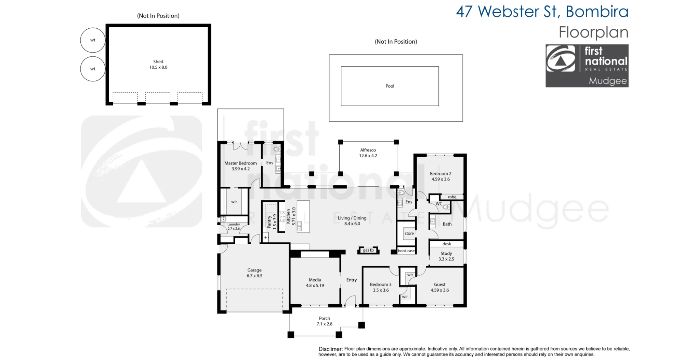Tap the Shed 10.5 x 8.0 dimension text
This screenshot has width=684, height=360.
coord(158,67)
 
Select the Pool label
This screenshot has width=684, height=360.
coord(390,86)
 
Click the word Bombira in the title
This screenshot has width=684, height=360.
coord(597,12)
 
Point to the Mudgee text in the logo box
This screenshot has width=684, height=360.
coord(608,81)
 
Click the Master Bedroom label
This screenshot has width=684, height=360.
coord(240,163)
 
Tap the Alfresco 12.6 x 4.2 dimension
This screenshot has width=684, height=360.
coord(368,156)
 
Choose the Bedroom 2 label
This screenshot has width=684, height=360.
coord(440,174)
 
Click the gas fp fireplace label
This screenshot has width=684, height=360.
coord(368,250)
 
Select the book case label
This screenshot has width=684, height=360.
coord(406,251)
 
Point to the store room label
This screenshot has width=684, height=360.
coord(409,234)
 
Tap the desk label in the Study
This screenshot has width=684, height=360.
coord(447,244)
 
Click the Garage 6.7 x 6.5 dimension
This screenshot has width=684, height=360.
coord(254,276)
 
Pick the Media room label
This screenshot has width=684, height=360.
coord(315,280)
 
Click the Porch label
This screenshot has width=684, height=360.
coord(325,318)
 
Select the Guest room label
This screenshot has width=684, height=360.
coord(440,284)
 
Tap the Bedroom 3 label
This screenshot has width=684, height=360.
coord(381,284)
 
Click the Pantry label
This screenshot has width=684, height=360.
coord(269,222)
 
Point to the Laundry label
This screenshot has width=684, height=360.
coord(234,224)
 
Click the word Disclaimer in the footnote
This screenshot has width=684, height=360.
coord(330,349)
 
